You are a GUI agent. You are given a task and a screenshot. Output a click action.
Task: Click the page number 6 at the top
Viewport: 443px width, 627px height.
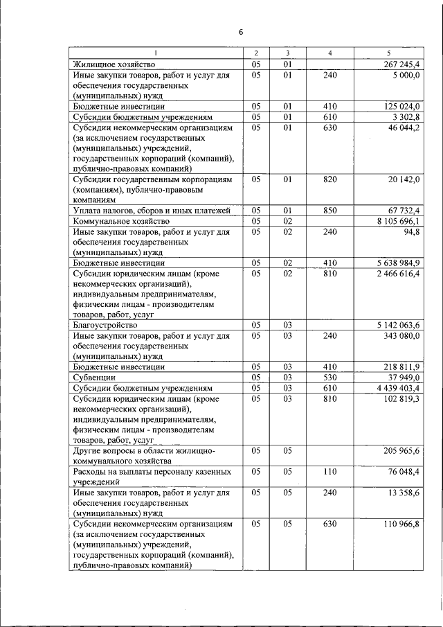point(241,32)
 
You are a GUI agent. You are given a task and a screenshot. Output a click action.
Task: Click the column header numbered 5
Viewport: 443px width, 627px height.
point(388,53)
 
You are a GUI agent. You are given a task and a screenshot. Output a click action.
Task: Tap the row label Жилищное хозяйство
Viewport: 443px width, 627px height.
point(112,64)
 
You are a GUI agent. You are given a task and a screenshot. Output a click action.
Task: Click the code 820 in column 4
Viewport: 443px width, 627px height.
point(329,179)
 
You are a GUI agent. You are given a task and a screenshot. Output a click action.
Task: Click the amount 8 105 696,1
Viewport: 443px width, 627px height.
point(399,221)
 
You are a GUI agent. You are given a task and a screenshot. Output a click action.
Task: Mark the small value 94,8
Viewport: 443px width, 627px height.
point(412,232)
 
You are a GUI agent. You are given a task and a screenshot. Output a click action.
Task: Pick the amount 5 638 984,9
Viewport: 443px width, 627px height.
point(399,263)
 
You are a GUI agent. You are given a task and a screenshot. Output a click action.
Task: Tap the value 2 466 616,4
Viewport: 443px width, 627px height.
point(399,274)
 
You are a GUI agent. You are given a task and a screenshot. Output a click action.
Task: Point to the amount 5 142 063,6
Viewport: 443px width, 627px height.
point(399,325)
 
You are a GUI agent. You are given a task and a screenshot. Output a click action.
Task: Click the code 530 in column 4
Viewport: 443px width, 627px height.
point(329,378)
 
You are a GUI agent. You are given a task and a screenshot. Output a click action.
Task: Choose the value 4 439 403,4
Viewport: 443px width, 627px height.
point(399,388)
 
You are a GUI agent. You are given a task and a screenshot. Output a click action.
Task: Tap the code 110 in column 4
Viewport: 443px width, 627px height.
point(329,473)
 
